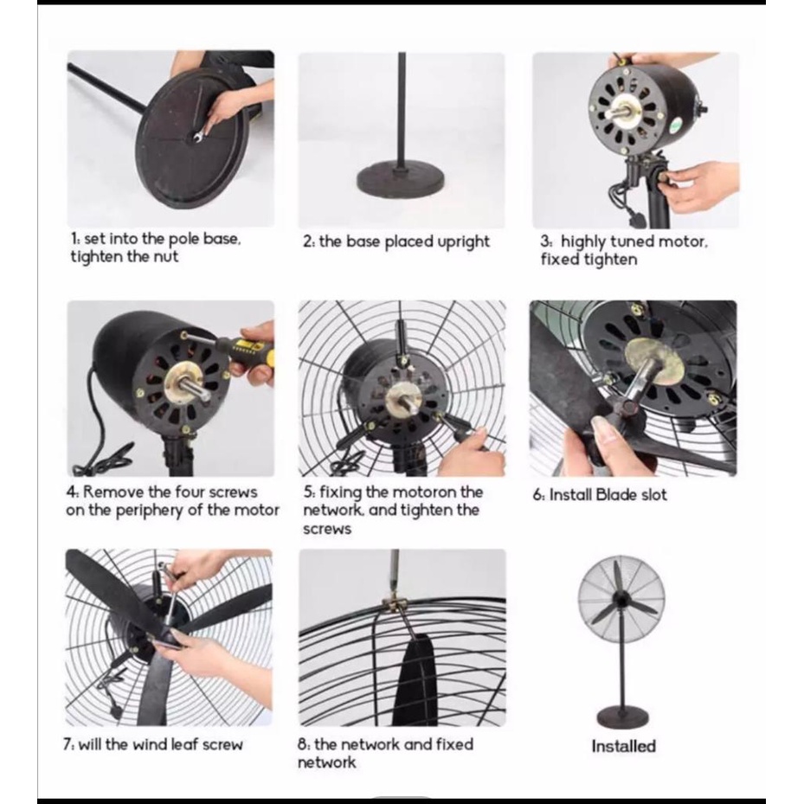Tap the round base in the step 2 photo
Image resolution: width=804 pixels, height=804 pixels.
click(401, 179)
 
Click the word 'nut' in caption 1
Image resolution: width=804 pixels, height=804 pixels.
click(165, 256)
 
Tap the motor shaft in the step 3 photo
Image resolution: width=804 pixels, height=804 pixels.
click(627, 109)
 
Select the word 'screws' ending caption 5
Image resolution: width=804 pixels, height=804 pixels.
click(327, 529)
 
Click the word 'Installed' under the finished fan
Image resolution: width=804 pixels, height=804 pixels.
click(623, 746)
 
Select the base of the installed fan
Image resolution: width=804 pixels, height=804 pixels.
click(622, 716)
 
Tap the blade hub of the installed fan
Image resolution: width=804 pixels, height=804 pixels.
click(621, 599)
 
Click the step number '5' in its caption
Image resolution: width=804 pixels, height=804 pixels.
click(307, 492)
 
